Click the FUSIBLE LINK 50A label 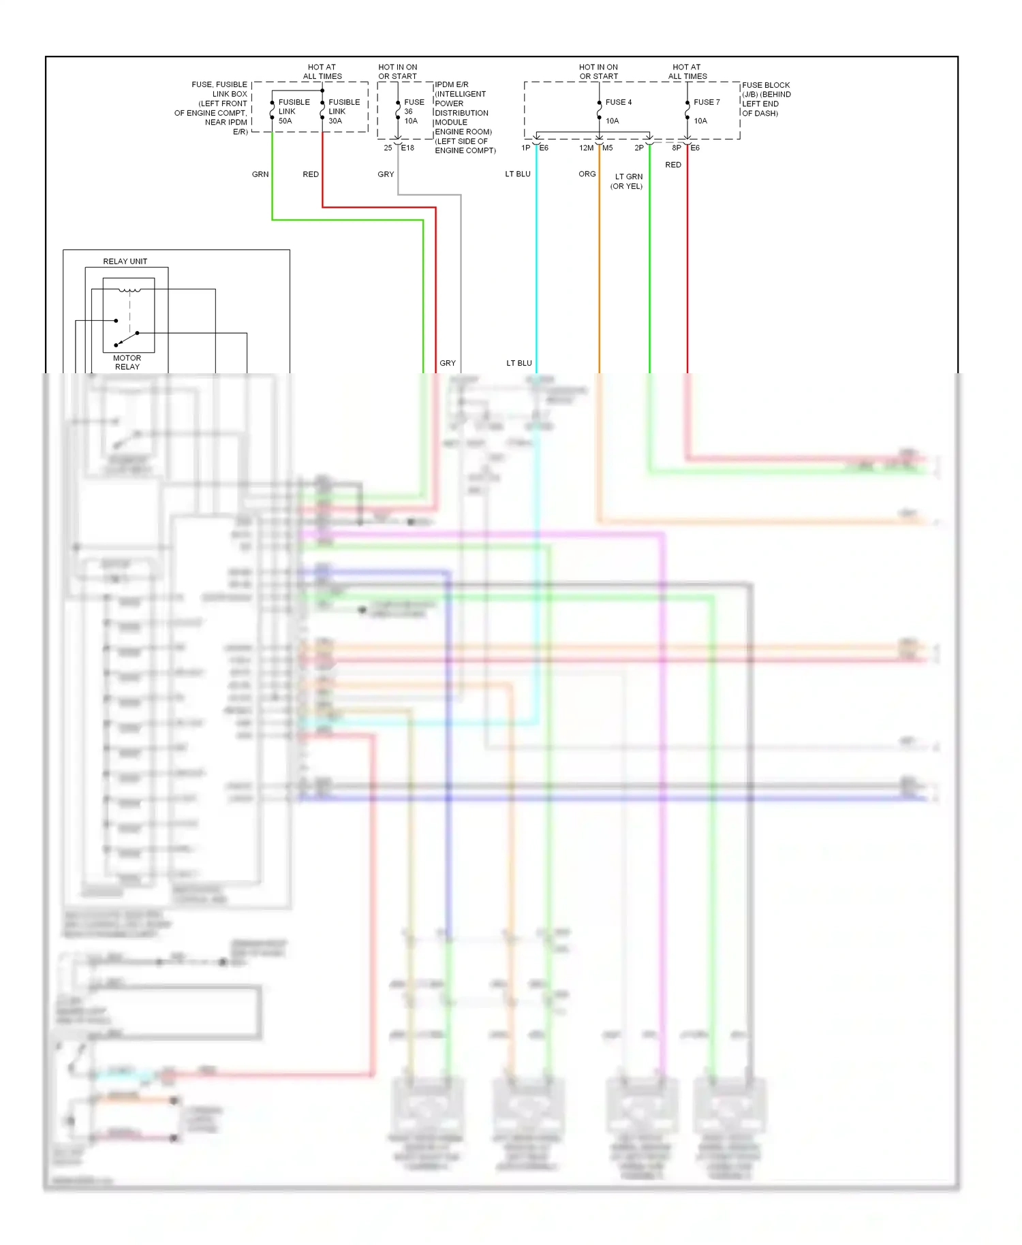[x=293, y=111]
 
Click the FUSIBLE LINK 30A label [x=343, y=111]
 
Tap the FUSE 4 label [x=618, y=102]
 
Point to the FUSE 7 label [x=707, y=102]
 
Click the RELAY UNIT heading [x=125, y=262]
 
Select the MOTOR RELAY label [x=127, y=362]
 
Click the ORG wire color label [x=587, y=174]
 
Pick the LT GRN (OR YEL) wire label [x=628, y=181]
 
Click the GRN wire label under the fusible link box [x=260, y=174]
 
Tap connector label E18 [x=407, y=148]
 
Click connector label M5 [x=608, y=148]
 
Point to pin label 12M [x=586, y=148]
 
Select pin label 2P [x=639, y=148]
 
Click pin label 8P [x=677, y=148]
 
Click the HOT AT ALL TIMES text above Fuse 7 [x=687, y=72]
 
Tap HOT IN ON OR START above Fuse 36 [x=397, y=72]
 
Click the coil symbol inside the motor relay [x=129, y=291]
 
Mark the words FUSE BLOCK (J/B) [x=766, y=89]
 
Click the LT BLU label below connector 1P [x=518, y=174]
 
